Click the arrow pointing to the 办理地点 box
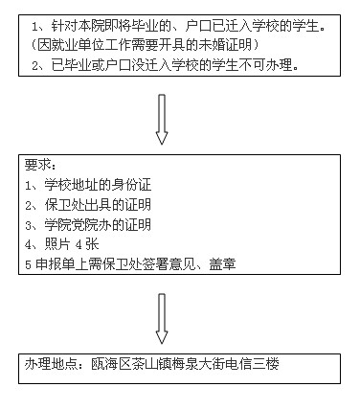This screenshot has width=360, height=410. (x=161, y=317)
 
